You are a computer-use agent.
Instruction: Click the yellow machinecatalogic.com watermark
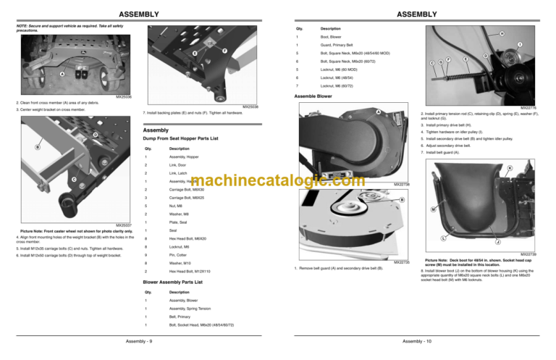pos(277,180)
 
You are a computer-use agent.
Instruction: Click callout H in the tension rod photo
pos(502,32)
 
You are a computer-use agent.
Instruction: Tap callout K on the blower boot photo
pos(530,168)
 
